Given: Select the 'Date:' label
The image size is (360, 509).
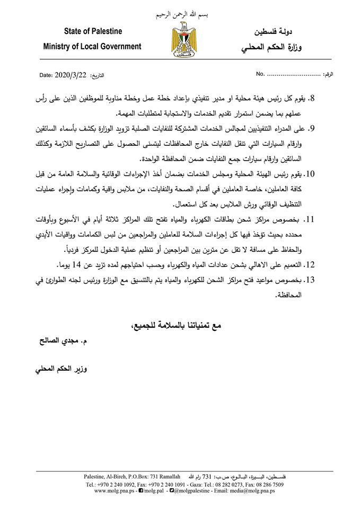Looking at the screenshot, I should coord(46,75).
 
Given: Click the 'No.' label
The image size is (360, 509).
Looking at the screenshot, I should coord(260,75).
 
